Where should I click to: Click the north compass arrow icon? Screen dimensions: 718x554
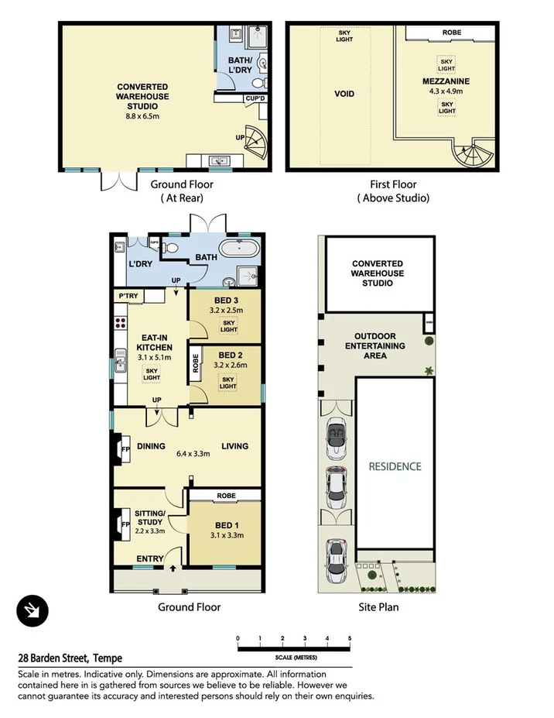pos(32,611)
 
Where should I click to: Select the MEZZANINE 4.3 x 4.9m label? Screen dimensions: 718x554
pos(446,85)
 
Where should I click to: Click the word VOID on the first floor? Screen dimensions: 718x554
pos(344,94)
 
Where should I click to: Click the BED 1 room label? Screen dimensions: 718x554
pos(227,524)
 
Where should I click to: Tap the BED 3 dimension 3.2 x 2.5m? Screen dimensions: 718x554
pos(227,311)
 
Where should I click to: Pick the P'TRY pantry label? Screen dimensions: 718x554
pos(127,297)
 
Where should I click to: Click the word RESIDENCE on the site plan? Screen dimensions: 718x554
pos(395,466)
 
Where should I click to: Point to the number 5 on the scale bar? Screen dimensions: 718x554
pos(351,638)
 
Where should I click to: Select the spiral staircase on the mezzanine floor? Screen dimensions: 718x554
pos(471,155)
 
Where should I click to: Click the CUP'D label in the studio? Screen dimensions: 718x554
pos(254,98)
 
